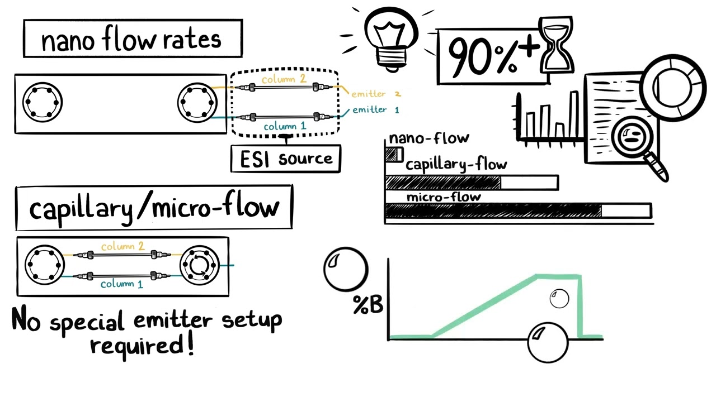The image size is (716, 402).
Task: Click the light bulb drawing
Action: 390,36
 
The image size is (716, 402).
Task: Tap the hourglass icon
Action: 555,45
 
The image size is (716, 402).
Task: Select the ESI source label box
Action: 286,159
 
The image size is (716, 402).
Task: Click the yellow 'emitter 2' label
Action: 375,94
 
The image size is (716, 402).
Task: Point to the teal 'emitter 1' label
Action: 375,110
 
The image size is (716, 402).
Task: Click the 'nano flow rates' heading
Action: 133,39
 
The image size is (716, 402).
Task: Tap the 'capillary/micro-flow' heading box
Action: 154,208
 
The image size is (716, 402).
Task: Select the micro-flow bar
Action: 517,210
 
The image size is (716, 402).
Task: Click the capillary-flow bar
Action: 472,183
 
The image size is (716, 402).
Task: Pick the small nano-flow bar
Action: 394,155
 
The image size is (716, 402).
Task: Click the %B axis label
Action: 368,305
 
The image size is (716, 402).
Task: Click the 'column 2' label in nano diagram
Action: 284,79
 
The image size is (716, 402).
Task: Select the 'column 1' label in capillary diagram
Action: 121,284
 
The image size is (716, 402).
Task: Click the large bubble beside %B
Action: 346,270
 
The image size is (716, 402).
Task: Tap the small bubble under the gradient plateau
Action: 559,299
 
